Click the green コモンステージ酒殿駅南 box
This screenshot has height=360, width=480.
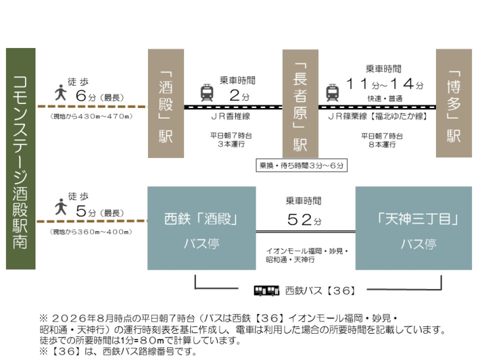point(21,159)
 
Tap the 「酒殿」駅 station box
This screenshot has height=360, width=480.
point(166,103)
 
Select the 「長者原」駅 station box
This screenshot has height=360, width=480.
point(300,103)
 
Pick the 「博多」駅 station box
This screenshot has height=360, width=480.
point(454,103)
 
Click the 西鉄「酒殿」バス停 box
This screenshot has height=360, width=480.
point(202,228)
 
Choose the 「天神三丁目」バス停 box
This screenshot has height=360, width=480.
point(414,228)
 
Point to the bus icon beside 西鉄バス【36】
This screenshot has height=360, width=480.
point(267,290)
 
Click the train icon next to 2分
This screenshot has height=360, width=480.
point(207,93)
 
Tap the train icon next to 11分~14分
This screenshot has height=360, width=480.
point(333,93)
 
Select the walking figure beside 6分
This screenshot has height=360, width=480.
point(61,93)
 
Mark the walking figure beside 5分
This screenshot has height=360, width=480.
point(61,207)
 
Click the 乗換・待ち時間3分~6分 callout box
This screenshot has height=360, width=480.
point(302,165)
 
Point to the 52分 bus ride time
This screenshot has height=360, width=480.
point(304,219)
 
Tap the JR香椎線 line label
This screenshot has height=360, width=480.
point(231,116)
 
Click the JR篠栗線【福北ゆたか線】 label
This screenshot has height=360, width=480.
point(377,116)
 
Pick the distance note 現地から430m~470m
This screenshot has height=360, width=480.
point(91,116)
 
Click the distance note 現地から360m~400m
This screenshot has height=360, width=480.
point(91,232)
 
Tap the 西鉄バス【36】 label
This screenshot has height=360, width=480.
point(320,291)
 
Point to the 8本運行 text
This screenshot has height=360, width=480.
point(382,144)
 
